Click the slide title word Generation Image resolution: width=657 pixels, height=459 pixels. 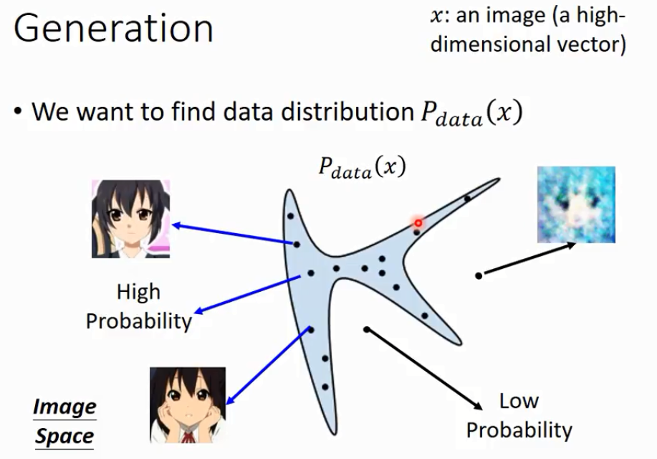113,29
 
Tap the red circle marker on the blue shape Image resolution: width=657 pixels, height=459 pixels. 417,223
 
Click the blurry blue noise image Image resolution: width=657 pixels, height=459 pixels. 576,204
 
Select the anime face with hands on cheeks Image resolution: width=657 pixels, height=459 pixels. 187,404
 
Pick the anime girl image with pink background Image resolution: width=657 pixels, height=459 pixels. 130,219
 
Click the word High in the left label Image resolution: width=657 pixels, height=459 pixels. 138,293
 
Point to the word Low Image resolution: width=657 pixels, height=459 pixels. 519,401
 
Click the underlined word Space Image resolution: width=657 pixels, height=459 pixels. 64,436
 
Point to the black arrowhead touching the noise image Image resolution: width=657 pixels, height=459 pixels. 572,245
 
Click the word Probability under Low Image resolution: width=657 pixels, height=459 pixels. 519,430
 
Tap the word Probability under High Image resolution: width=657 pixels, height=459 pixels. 138,321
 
